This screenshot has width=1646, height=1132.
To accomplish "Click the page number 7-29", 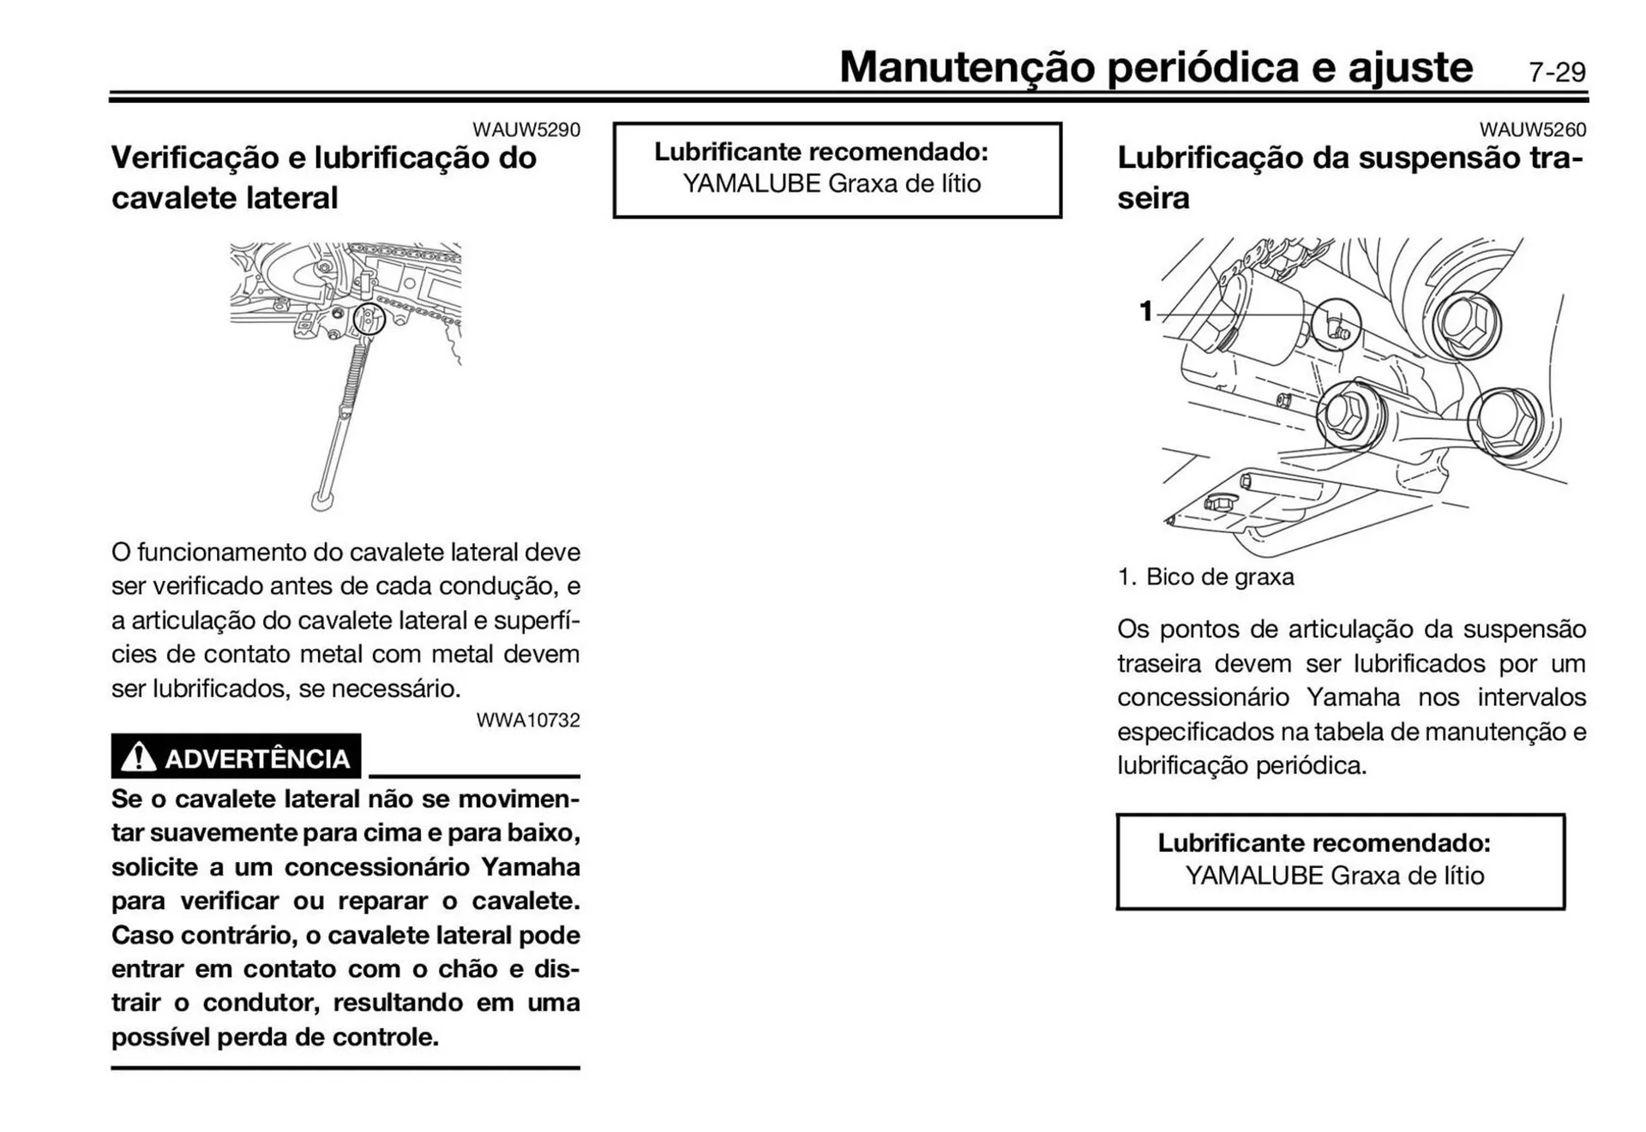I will [x=1556, y=72].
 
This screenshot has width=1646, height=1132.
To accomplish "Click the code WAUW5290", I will [x=526, y=129].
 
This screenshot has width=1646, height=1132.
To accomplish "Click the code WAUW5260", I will [x=1532, y=129].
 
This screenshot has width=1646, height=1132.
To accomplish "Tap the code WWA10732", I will [x=527, y=720].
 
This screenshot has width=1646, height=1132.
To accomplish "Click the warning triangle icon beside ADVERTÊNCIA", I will [x=138, y=758].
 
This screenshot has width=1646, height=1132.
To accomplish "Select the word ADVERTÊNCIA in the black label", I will [x=256, y=759].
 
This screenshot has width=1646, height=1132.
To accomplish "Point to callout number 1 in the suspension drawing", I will [x=1145, y=311].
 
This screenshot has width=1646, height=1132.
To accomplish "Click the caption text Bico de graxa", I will [x=1219, y=577].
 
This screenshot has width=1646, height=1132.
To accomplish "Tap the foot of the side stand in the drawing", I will [x=322, y=500].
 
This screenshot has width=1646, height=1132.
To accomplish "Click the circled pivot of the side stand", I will [x=369, y=319].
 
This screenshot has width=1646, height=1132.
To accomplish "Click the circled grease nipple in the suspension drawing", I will [x=1337, y=325].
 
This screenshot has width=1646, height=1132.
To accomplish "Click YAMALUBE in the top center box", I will [x=751, y=183].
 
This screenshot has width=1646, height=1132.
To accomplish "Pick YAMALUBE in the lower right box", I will [x=1254, y=876].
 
